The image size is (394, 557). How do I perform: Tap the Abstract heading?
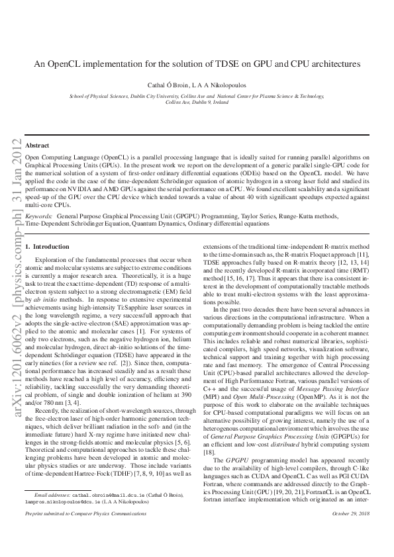click(37, 145)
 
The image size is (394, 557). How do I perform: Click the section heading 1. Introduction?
click(47, 247)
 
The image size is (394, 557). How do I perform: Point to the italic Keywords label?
click(38, 216)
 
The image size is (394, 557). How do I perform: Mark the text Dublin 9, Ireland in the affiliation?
click(197, 103)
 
